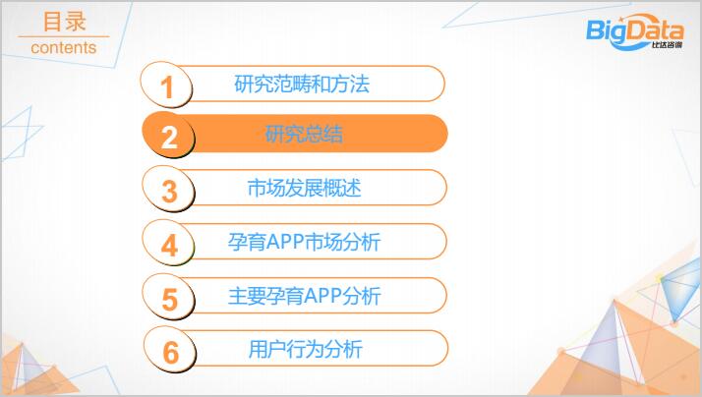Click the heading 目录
(x=65, y=22)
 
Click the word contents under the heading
(x=64, y=47)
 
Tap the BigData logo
(x=635, y=32)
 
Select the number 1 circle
(x=166, y=85)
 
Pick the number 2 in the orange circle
(x=169, y=137)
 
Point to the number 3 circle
(x=169, y=189)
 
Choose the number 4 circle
(x=169, y=243)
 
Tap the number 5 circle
(x=169, y=297)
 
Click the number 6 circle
(x=170, y=350)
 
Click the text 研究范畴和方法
(x=302, y=85)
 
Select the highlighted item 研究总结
(x=304, y=134)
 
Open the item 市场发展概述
(x=304, y=188)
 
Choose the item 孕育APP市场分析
(x=304, y=242)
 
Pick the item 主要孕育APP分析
(x=304, y=296)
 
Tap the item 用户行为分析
(x=306, y=349)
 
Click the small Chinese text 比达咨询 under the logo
(x=667, y=45)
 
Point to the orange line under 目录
(x=64, y=36)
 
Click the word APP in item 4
(x=285, y=242)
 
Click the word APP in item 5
(x=323, y=296)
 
